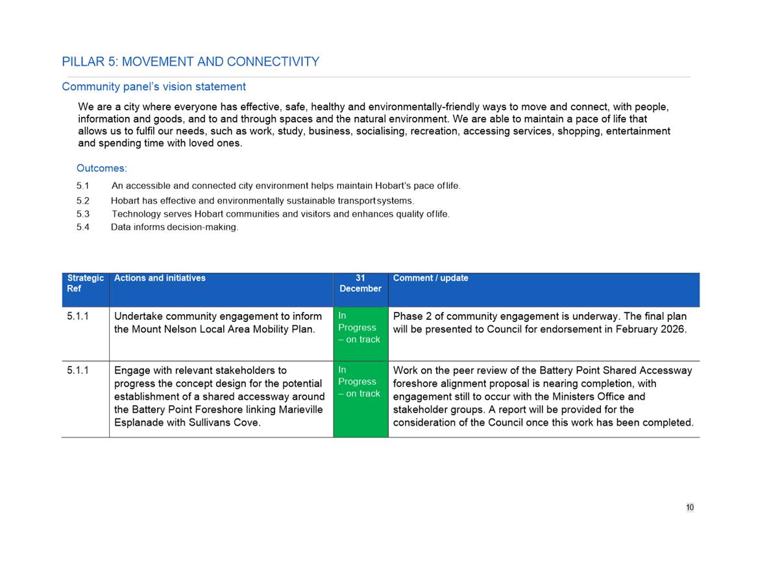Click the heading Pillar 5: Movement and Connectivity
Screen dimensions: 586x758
click(190, 62)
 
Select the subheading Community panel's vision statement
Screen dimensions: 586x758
click(154, 86)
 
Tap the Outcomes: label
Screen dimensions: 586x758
click(101, 168)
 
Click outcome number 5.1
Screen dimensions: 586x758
click(82, 186)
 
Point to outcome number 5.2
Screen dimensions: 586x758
click(82, 201)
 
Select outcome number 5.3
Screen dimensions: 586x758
click(82, 214)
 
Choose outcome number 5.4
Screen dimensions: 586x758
click(82, 227)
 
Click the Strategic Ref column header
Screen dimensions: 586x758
click(85, 283)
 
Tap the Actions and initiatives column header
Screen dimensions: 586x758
click(160, 278)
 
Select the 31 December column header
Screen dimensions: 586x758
click(360, 283)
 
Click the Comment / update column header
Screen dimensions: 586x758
click(430, 278)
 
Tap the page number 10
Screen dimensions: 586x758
click(689, 507)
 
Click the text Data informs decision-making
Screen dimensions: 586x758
click(175, 227)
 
